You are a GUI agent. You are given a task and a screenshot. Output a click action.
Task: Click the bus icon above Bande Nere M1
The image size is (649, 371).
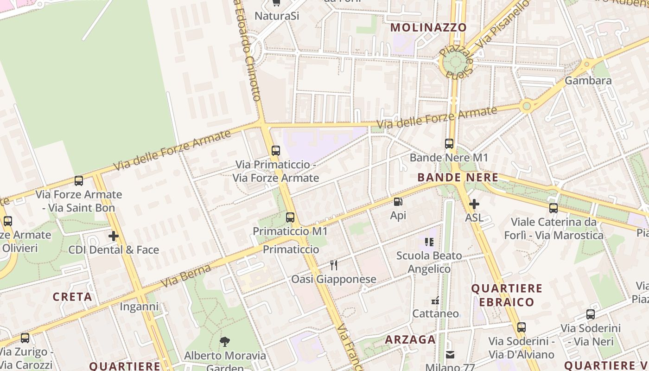pyautogui.click(x=449, y=144)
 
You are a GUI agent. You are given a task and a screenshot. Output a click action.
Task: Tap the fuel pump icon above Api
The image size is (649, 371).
pyautogui.click(x=398, y=202)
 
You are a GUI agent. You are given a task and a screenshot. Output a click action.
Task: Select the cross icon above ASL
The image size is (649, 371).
pyautogui.click(x=474, y=204)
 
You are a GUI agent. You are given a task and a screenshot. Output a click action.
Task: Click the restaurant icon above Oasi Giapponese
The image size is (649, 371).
pyautogui.click(x=333, y=265)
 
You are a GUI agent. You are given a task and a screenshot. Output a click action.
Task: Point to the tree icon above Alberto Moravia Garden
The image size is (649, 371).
pyautogui.click(x=225, y=342)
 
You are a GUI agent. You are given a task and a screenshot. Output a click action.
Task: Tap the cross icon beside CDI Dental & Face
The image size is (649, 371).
pyautogui.click(x=114, y=236)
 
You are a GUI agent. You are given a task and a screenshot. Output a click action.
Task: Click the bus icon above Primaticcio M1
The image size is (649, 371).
pyautogui.click(x=290, y=217)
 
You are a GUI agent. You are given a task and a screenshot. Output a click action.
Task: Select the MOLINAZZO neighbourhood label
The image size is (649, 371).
pyautogui.click(x=428, y=27)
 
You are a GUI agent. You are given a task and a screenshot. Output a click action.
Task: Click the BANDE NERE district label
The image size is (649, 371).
pyautogui.click(x=458, y=177)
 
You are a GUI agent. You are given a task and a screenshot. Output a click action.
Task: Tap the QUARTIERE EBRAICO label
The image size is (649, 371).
pyautogui.click(x=507, y=295)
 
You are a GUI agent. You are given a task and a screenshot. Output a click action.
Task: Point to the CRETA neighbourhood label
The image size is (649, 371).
pyautogui.click(x=72, y=297)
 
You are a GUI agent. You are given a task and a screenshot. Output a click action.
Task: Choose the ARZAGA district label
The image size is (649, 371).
pyautogui.click(x=411, y=339)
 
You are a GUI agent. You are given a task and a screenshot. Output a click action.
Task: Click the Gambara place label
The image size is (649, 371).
pyautogui.click(x=588, y=81)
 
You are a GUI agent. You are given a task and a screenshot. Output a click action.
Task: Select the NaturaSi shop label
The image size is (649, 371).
pyautogui.click(x=277, y=16)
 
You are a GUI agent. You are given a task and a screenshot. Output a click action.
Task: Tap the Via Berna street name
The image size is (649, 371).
pyautogui.click(x=185, y=276)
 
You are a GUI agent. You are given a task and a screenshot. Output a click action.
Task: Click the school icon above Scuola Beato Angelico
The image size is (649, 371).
pyautogui.click(x=429, y=242)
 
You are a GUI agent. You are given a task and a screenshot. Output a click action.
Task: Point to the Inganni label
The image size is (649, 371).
pyautogui.click(x=139, y=307)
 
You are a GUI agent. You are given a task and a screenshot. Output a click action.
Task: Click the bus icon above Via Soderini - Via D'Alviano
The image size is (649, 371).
pyautogui.click(x=522, y=327)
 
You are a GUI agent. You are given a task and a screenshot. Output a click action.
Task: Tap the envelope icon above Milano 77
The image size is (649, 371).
pyautogui.click(x=450, y=355)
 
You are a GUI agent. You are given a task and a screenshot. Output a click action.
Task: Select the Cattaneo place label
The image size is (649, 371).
pyautogui.click(x=436, y=313)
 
